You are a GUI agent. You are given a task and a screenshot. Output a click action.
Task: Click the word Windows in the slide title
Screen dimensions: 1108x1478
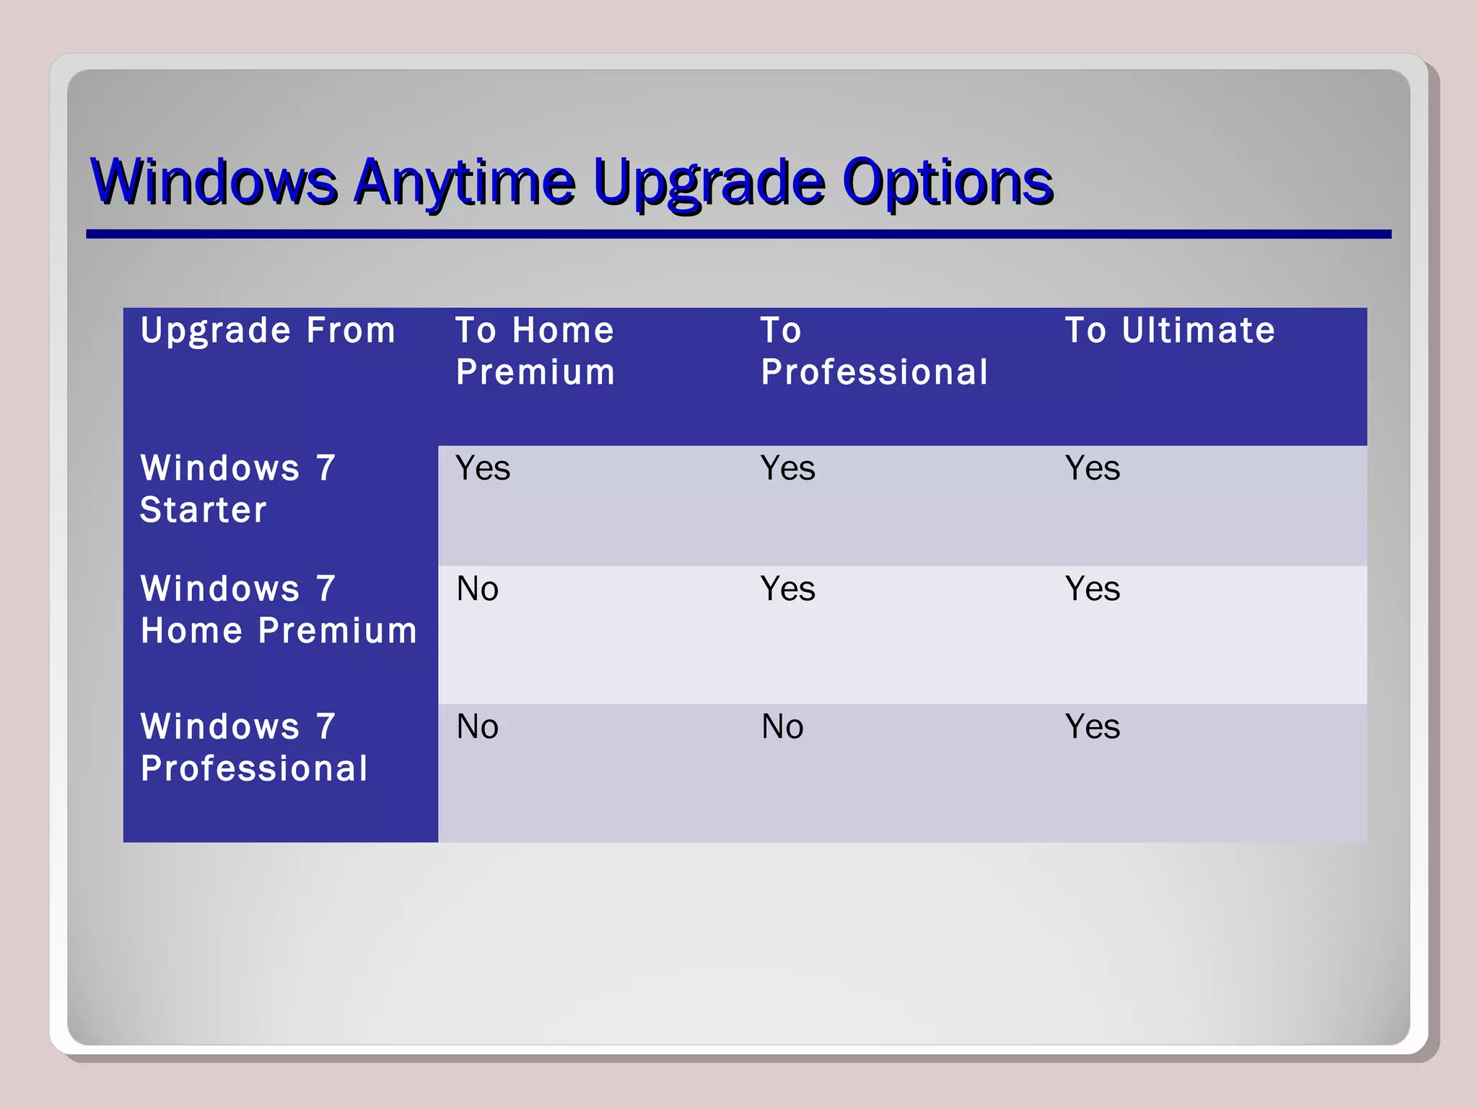214,182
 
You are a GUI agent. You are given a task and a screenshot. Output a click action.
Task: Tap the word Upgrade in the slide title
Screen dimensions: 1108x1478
709,182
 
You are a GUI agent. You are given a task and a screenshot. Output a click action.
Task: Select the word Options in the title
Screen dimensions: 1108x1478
948,182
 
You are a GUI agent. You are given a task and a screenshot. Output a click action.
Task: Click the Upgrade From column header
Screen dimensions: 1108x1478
268,331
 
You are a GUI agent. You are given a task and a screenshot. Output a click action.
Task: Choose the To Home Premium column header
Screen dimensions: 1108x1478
535,351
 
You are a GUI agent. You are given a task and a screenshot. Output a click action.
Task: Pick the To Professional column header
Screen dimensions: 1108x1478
874,351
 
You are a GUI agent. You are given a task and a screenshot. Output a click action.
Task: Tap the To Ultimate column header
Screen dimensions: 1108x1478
1170,331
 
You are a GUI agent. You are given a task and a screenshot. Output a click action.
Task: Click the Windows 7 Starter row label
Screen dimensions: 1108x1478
238,489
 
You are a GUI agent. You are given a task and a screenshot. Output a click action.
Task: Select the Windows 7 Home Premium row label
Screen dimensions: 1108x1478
279,610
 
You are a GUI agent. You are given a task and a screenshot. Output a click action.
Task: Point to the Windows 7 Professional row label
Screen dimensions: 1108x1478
254,747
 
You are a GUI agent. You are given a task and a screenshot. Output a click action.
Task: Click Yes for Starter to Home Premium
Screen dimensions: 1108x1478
483,469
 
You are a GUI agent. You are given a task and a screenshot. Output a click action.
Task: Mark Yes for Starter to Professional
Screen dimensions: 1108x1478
787,469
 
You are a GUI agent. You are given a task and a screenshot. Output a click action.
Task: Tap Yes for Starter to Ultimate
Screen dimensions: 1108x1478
1093,469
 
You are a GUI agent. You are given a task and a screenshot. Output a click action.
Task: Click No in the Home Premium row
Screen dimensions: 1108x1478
477,589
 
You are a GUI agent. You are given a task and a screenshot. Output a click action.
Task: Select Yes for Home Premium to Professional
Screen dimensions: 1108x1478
787,589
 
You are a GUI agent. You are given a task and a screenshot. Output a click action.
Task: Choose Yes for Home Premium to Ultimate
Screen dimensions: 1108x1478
1093,589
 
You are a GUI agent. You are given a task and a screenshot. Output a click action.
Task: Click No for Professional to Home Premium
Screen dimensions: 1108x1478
477,727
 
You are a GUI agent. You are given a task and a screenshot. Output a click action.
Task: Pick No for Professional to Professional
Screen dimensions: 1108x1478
782,727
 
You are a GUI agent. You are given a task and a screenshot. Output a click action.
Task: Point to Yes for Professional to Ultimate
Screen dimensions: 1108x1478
1093,727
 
